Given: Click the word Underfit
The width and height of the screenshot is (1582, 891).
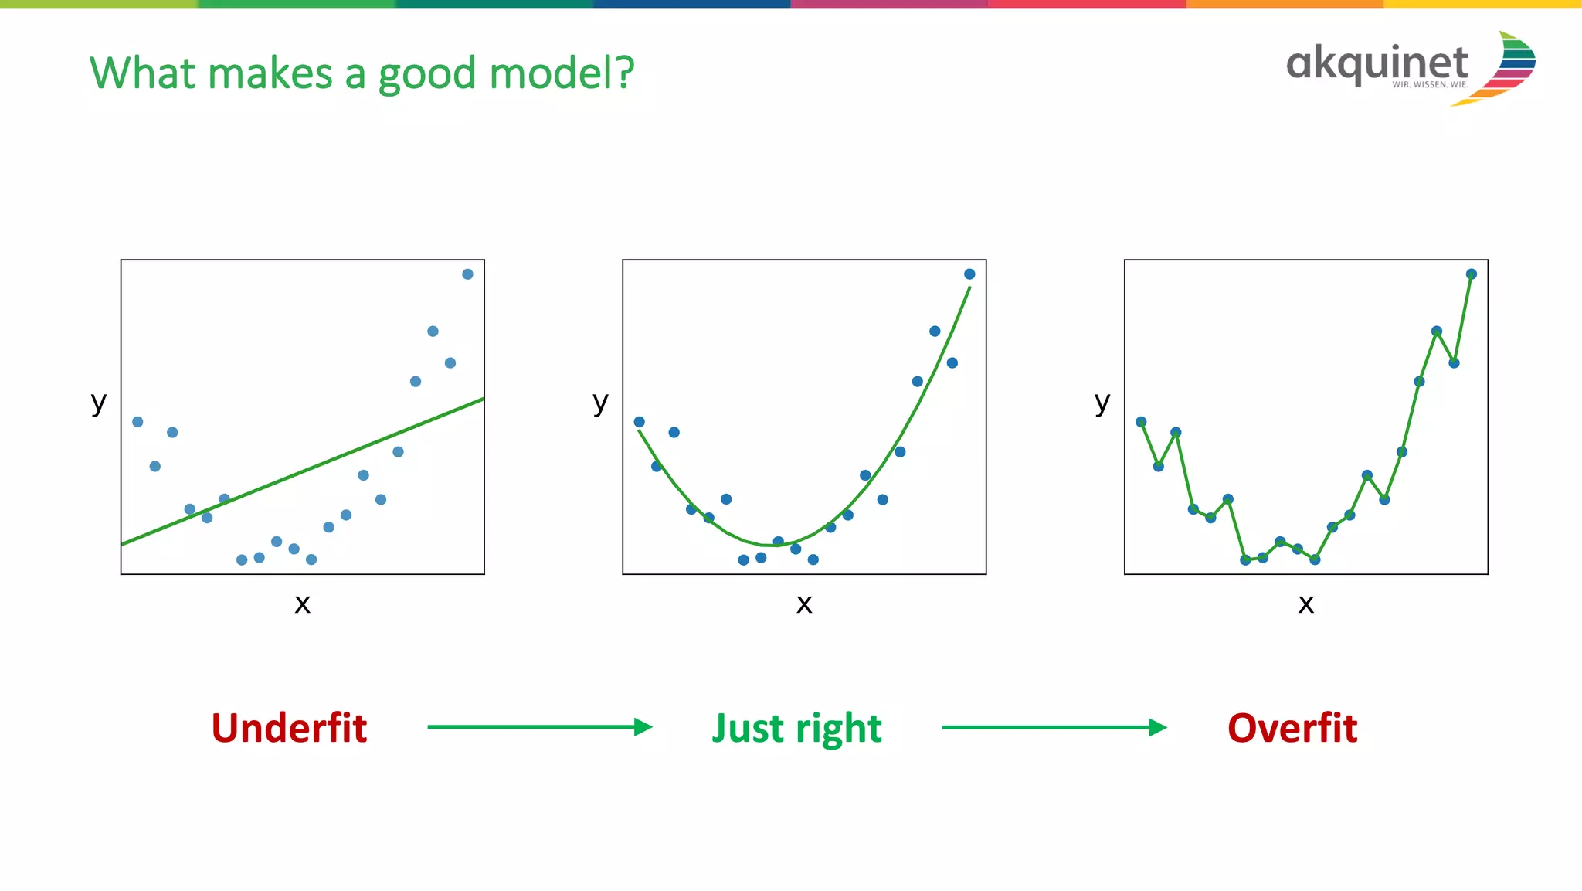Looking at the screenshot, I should (x=289, y=728).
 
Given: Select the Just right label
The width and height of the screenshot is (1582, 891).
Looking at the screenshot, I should (x=796, y=728).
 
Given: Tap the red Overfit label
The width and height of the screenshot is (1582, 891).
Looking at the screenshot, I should (x=1292, y=728).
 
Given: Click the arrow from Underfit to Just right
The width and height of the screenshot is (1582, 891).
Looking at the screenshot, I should (x=539, y=727).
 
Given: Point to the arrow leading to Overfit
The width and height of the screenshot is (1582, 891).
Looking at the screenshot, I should (x=1054, y=727).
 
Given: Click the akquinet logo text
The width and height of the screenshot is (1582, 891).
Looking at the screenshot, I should (x=1377, y=63).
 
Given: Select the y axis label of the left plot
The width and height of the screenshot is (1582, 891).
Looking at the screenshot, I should (x=98, y=403).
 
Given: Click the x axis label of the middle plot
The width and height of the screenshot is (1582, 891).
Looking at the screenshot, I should (x=804, y=604).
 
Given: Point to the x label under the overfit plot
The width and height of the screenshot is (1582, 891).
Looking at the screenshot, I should (x=1305, y=604).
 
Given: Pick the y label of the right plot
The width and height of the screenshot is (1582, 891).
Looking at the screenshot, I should (x=1102, y=403).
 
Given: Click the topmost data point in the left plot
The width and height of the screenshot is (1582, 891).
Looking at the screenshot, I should (x=467, y=274).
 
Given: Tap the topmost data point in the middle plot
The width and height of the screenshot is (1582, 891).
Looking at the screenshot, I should (x=969, y=274).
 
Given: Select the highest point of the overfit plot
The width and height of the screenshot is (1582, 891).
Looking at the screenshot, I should (x=1471, y=274).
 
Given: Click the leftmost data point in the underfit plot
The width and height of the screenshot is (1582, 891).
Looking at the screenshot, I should (x=137, y=422).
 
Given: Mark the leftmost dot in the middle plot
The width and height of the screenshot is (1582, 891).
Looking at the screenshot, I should (x=639, y=422).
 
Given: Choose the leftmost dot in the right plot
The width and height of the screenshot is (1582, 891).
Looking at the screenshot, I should (x=1141, y=422).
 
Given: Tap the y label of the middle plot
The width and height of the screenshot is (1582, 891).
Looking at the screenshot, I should (x=600, y=403).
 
